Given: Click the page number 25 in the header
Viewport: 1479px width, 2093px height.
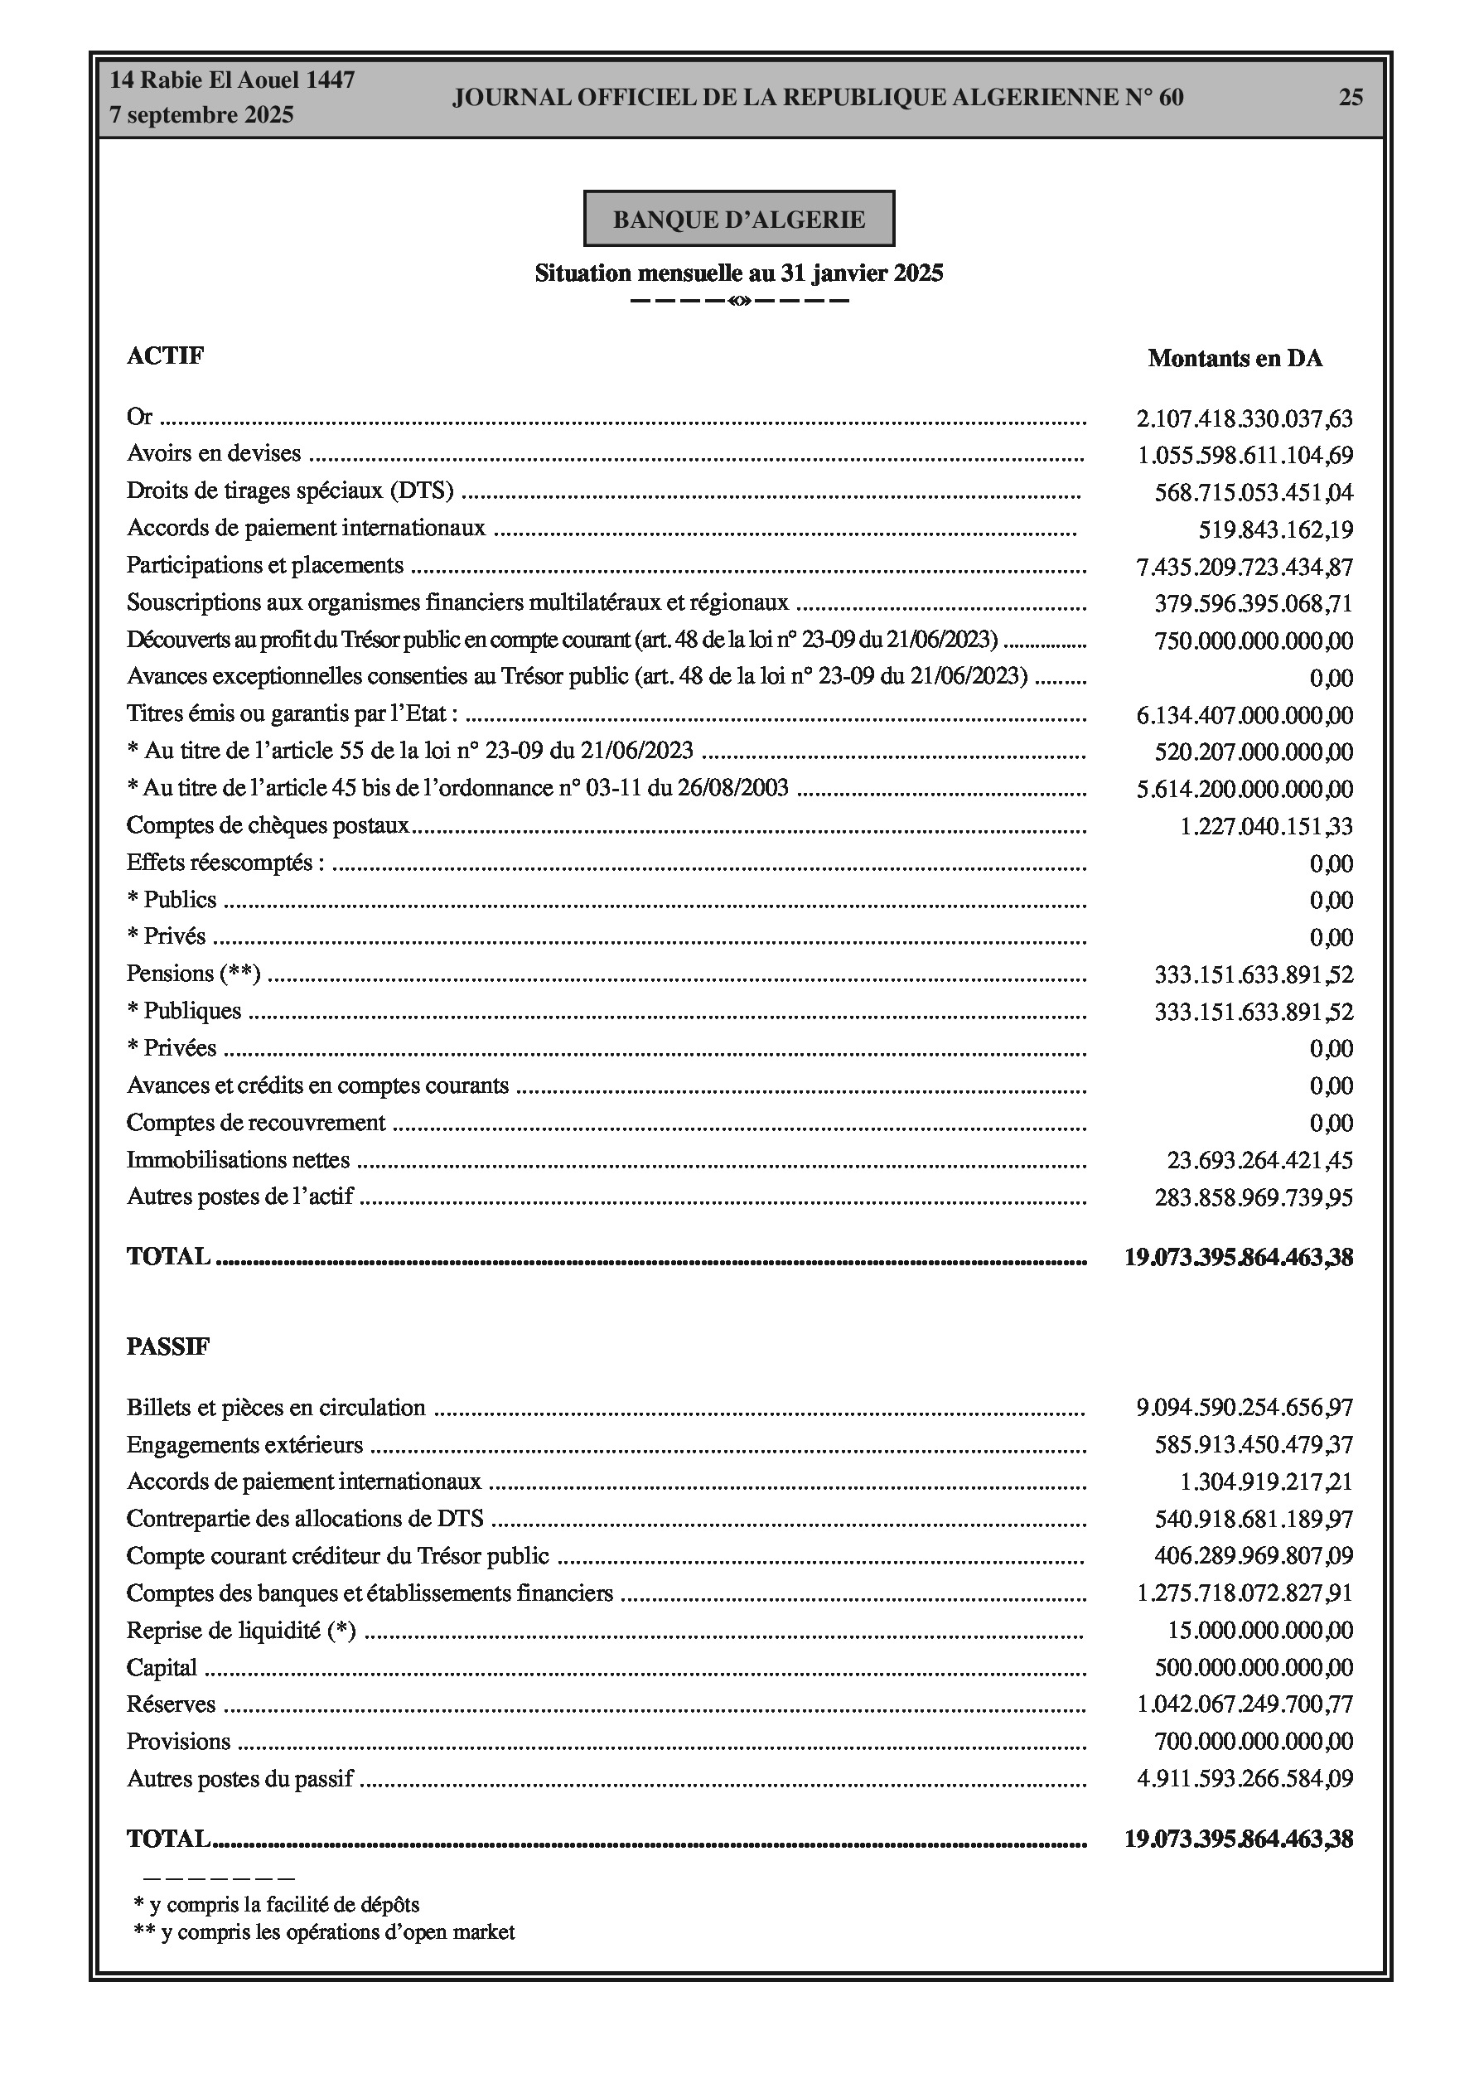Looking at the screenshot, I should coord(1351,97).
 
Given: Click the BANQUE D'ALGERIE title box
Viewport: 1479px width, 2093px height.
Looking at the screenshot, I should coord(738,219).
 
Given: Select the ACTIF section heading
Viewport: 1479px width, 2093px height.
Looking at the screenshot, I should coord(165,355).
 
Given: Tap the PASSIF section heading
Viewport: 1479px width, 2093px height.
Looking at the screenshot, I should coord(167,1346).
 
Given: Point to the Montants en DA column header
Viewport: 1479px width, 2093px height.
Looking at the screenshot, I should coord(1235,358).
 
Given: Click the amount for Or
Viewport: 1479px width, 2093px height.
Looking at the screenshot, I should coord(1244,418).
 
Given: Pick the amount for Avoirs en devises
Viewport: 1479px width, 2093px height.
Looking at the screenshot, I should coord(1245,455).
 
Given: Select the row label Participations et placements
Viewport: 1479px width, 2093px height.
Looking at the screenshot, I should coord(264,565).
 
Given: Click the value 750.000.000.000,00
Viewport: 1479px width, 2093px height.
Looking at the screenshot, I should coord(1253,640).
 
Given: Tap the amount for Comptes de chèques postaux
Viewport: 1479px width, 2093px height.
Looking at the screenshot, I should coord(1265,826).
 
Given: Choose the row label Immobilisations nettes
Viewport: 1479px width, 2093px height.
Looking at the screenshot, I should coord(238,1159).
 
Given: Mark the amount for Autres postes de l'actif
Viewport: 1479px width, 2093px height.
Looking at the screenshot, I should coord(1253,1197).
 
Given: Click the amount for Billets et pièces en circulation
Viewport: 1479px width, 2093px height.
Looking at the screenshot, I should coord(1244,1408).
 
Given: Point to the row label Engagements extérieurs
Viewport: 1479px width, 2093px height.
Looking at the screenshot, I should coord(244,1445).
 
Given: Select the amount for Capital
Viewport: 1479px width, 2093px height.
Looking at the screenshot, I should coord(1253,1667).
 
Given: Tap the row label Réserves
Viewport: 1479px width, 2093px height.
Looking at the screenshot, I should coord(172,1704).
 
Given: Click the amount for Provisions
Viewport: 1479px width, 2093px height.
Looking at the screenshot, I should coord(1253,1741).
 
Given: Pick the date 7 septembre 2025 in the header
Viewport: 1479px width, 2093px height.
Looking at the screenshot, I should coord(201,115).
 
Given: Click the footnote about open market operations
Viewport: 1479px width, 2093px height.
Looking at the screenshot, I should coord(324,1931).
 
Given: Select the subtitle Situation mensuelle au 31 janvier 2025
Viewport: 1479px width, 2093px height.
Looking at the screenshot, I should coord(738,273).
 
